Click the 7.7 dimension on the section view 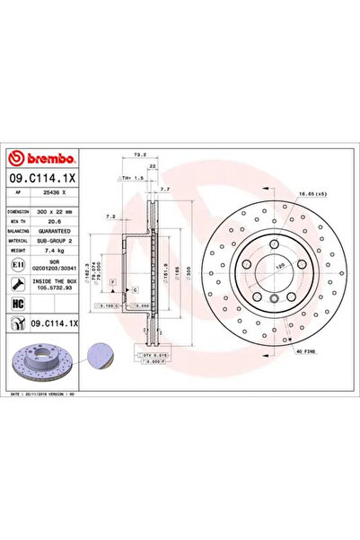coord(165,190)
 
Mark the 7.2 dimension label coord(109,217)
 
